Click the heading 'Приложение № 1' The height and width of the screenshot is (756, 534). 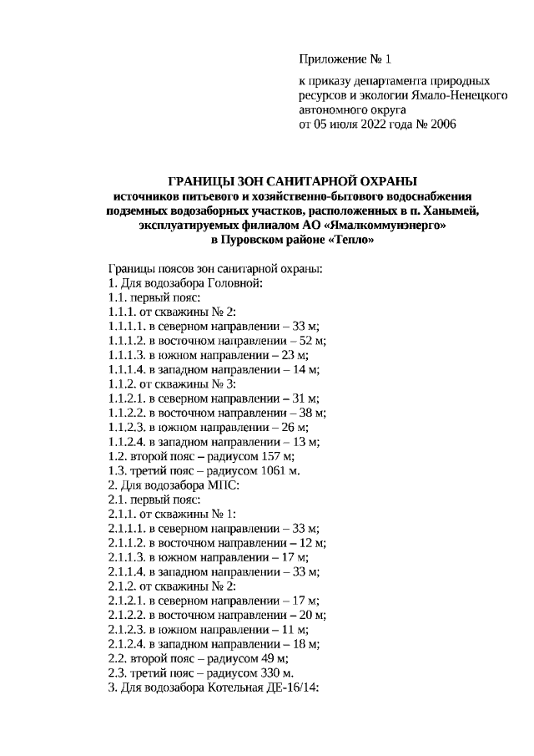[x=345, y=60]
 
